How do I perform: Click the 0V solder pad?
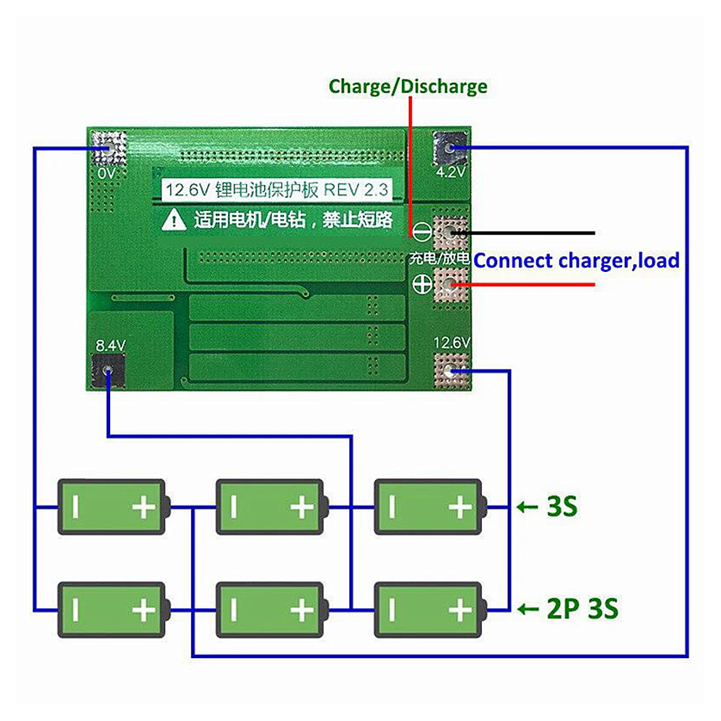pyautogui.click(x=109, y=148)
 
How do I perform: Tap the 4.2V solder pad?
pyautogui.click(x=449, y=148)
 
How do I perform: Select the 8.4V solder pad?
pyautogui.click(x=108, y=371)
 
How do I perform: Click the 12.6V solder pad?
pyautogui.click(x=450, y=371)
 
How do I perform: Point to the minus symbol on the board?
pyautogui.click(x=422, y=233)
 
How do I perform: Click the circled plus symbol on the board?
pyautogui.click(x=422, y=285)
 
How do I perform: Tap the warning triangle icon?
pyautogui.click(x=174, y=220)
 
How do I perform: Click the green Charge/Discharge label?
pyautogui.click(x=408, y=87)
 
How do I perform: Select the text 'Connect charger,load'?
pyautogui.click(x=576, y=261)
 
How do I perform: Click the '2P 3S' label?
pyautogui.click(x=582, y=609)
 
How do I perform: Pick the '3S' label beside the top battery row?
pyautogui.click(x=561, y=506)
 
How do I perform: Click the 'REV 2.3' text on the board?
pyautogui.click(x=356, y=190)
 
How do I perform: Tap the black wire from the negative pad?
pyautogui.click(x=529, y=233)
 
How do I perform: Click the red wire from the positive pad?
pyautogui.click(x=529, y=285)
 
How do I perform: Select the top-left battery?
pyautogui.click(x=112, y=507)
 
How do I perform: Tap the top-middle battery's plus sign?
pyautogui.click(x=301, y=507)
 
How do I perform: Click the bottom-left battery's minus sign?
pyautogui.click(x=75, y=610)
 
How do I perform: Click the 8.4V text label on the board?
pyautogui.click(x=110, y=345)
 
